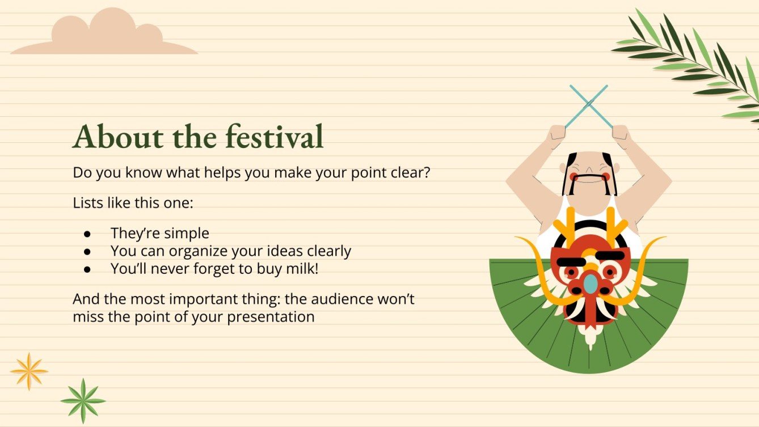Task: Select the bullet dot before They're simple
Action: tap(87, 234)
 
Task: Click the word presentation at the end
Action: tap(271, 316)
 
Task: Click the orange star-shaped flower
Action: tap(28, 371)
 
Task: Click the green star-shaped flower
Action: tap(83, 400)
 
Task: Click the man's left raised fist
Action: tap(556, 134)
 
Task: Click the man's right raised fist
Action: tap(622, 134)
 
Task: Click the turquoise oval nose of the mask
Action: tap(591, 284)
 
